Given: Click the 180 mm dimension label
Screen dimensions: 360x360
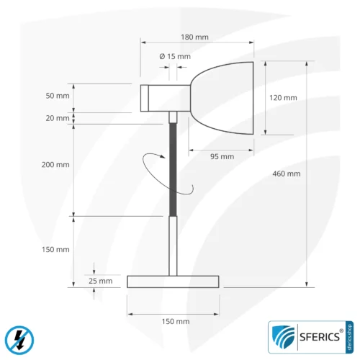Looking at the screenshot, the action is point(194,37).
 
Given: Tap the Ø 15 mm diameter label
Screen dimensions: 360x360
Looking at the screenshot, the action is point(175,56).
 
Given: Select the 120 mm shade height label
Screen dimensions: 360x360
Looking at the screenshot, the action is point(283,98).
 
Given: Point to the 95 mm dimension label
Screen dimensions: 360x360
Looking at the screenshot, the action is point(222,156).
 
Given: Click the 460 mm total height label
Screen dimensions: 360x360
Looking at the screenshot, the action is point(287,174).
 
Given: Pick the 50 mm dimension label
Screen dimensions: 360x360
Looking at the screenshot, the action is point(58,96).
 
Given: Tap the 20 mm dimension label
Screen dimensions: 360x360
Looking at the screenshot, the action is point(58,118).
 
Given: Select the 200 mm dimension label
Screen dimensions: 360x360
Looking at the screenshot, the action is point(55,165).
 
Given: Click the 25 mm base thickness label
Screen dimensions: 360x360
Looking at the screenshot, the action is point(101,281).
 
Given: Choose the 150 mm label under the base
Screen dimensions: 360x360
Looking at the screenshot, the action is point(176,321).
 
